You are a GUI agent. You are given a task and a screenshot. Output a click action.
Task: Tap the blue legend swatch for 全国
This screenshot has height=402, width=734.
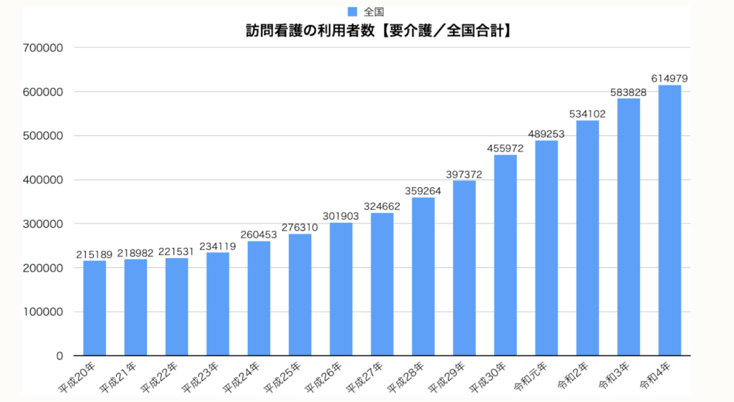(x=352, y=11)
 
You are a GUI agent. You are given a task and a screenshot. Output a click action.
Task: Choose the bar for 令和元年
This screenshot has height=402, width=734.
(x=546, y=248)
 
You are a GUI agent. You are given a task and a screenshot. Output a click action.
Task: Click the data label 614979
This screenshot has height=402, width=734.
(x=669, y=77)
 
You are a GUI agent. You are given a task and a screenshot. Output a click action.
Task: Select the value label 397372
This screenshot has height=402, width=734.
(x=464, y=173)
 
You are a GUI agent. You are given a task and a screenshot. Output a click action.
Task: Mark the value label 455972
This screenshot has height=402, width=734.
(x=505, y=148)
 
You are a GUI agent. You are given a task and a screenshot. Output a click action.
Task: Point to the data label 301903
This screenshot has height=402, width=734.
(x=340, y=215)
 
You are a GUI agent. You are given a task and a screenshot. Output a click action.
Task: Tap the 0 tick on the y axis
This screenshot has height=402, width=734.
(x=59, y=355)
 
